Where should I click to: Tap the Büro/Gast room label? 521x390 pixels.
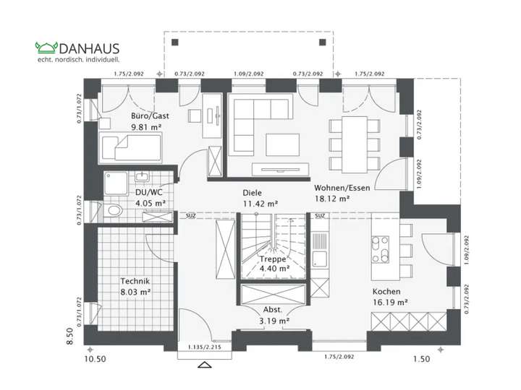tap(145, 116)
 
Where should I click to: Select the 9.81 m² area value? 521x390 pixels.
tap(145, 126)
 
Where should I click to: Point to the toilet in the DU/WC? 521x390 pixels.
tap(113, 211)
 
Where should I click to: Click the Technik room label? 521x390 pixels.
tap(135, 281)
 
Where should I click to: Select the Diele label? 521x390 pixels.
tap(251, 193)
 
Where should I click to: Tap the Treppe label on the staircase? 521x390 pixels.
tap(274, 258)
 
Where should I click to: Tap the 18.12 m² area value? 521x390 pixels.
tap(331, 198)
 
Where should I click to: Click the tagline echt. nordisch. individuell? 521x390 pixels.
tap(78, 59)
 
